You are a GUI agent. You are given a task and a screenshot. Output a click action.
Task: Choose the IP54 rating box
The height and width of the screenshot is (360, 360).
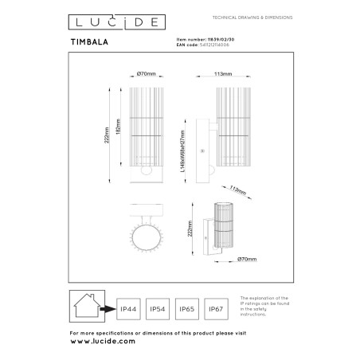pyautogui.click(x=158, y=305)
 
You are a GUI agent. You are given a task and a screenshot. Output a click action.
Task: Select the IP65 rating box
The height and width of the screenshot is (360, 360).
pyautogui.click(x=186, y=305)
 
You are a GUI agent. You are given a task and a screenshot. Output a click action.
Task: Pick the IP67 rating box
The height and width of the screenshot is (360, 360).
pyautogui.click(x=215, y=305)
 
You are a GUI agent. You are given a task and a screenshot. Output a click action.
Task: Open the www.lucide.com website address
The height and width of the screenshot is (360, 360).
pyautogui.click(x=103, y=339)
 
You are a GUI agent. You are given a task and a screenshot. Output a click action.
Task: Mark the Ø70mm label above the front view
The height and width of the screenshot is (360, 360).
pyautogui.click(x=144, y=74)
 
